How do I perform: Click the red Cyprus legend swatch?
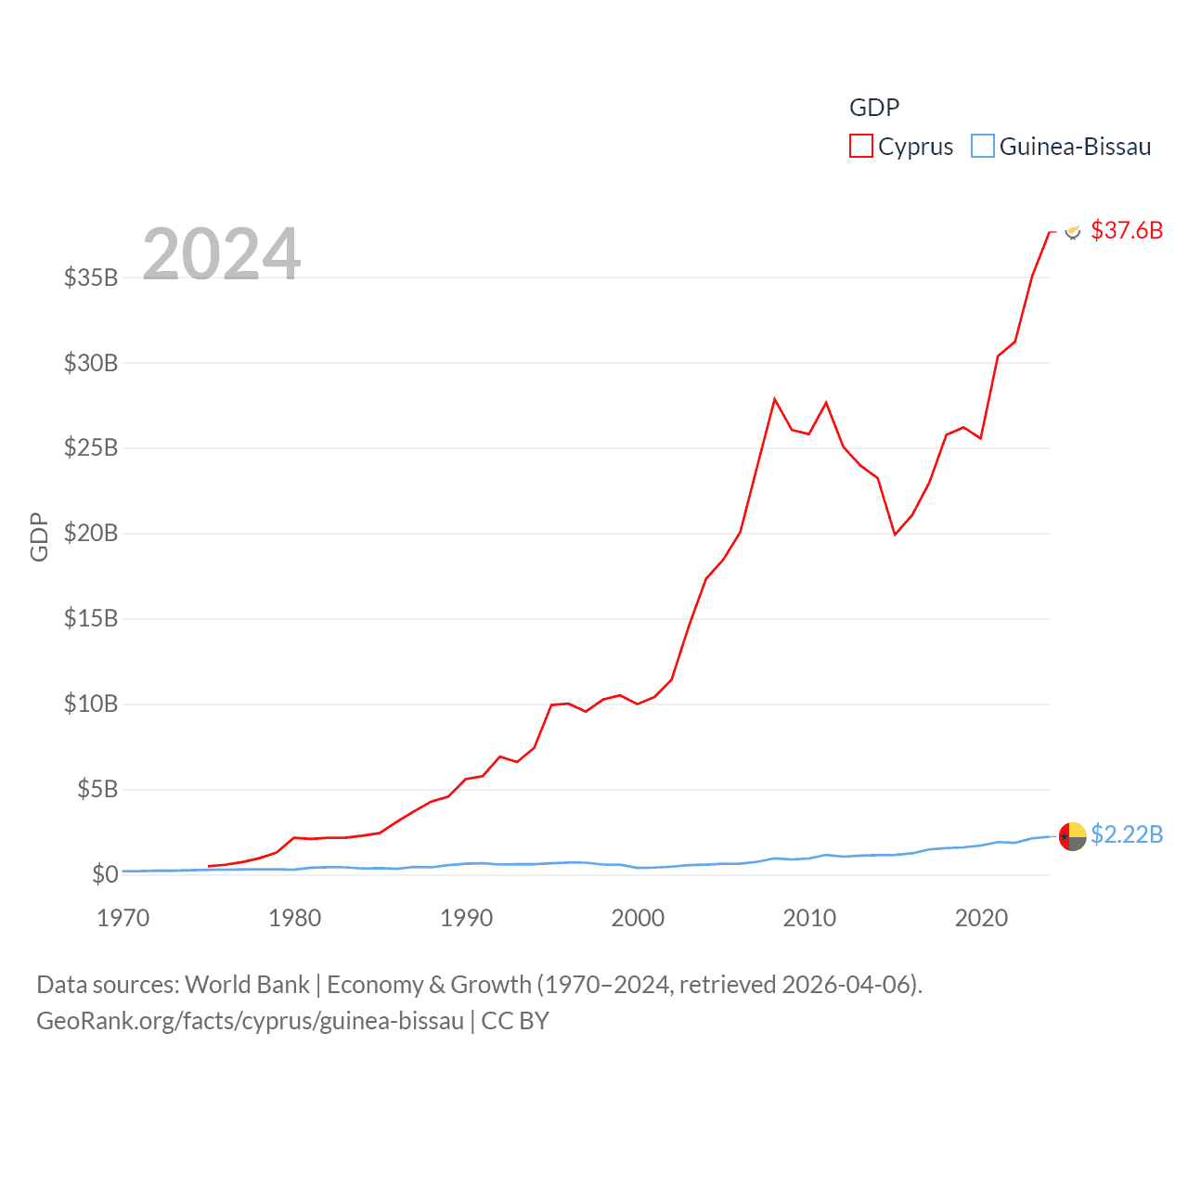click(x=861, y=147)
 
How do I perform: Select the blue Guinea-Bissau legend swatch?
click(x=983, y=147)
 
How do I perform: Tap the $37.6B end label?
click(x=1127, y=230)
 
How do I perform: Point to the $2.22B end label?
click(x=1127, y=834)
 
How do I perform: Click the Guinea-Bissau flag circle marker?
click(x=1072, y=836)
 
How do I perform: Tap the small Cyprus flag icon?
click(x=1073, y=231)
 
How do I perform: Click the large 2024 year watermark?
click(x=222, y=253)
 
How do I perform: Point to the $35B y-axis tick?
click(x=91, y=278)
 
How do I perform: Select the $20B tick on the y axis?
click(x=91, y=533)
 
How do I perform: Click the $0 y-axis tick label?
click(x=105, y=874)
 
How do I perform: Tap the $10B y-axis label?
click(x=91, y=704)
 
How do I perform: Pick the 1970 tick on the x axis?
click(x=123, y=918)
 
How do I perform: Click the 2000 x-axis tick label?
click(x=638, y=918)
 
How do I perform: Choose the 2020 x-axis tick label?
click(x=981, y=918)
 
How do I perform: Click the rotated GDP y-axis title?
click(x=39, y=536)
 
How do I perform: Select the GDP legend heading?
click(x=874, y=108)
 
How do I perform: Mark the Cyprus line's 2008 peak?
click(x=774, y=399)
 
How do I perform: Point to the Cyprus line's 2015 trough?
click(x=895, y=535)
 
